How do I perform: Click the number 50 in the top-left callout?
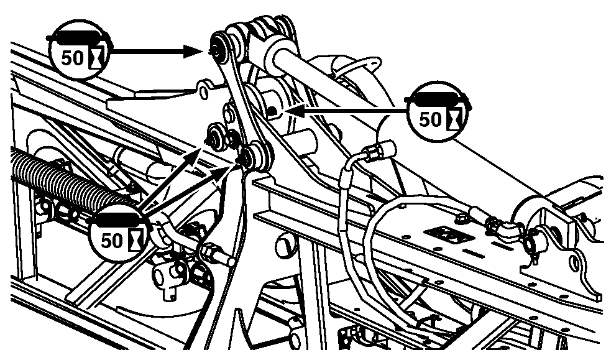(x=72, y=58)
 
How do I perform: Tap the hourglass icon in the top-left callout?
(x=97, y=57)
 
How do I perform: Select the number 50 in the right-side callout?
(x=430, y=119)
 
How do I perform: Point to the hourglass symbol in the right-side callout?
(x=454, y=118)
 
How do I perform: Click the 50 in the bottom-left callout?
(x=111, y=241)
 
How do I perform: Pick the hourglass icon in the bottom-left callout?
(x=136, y=239)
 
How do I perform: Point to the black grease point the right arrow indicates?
(x=273, y=111)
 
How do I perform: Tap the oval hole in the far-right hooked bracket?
(x=576, y=264)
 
